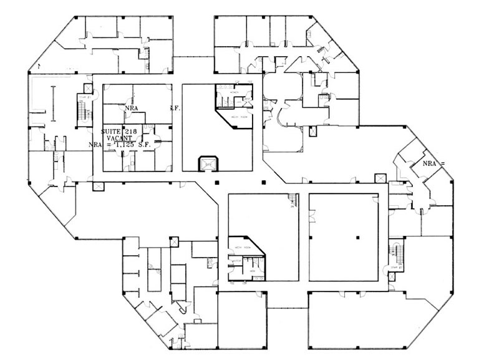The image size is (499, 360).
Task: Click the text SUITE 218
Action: pos(120,132)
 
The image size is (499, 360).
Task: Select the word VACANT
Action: pos(119,139)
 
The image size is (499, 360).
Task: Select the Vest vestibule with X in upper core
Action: pos(248,99)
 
